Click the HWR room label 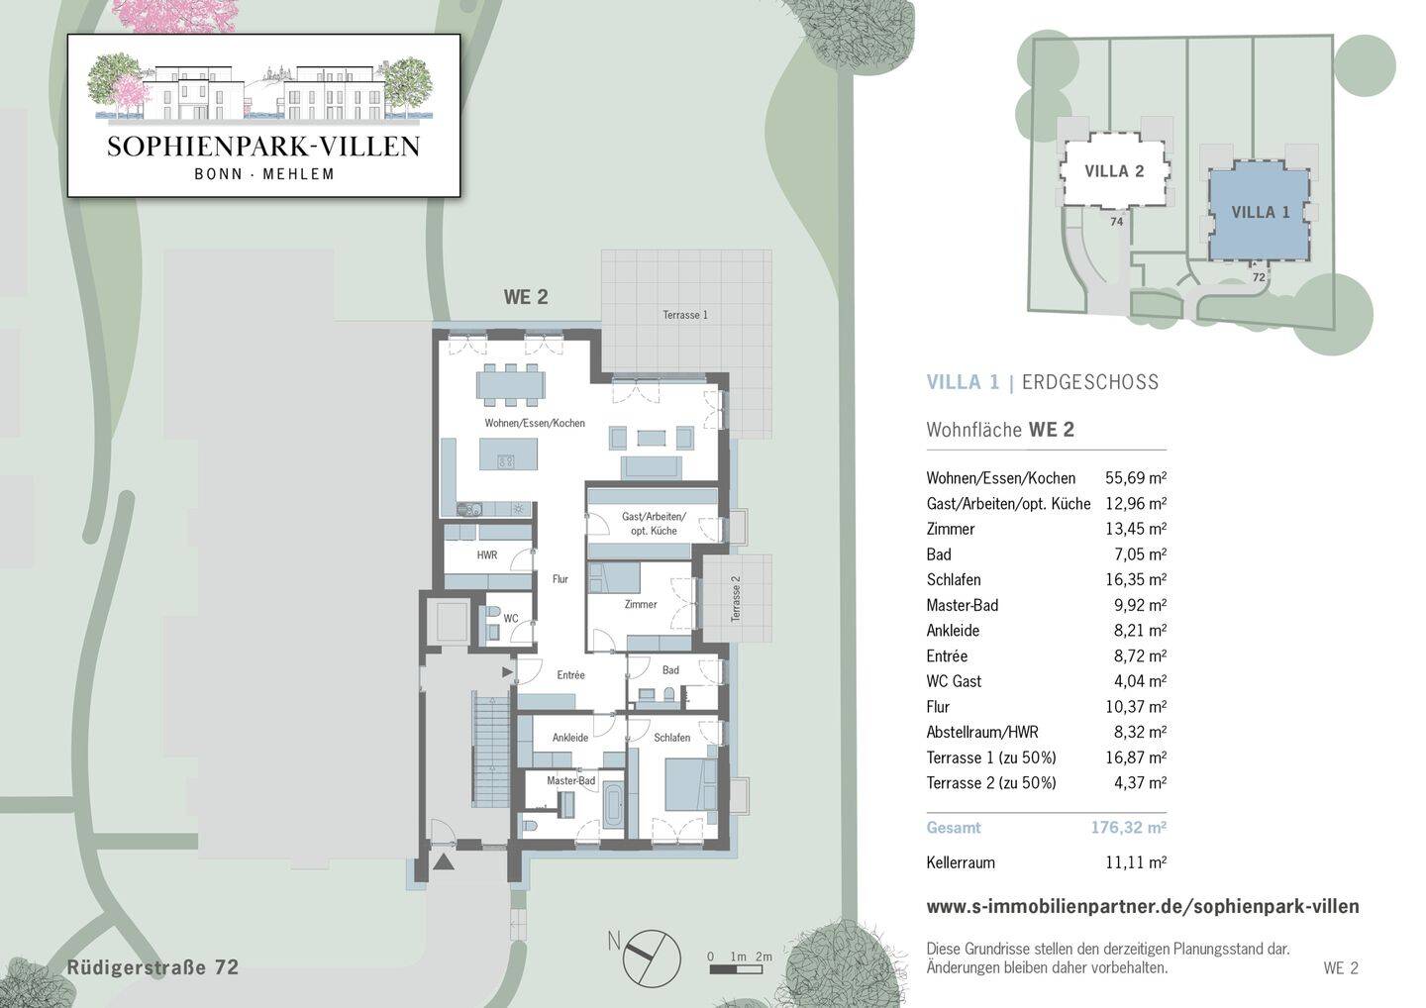[x=487, y=554]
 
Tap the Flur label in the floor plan [x=560, y=579]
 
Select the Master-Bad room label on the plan [x=571, y=781]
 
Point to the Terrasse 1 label [x=685, y=315]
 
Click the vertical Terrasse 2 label [x=736, y=599]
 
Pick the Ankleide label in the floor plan [x=570, y=738]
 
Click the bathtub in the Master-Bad [x=614, y=805]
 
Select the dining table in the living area [x=511, y=384]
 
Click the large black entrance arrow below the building [x=444, y=862]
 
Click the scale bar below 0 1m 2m [x=736, y=969]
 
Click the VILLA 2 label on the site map [x=1114, y=171]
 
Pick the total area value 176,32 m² [x=1129, y=827]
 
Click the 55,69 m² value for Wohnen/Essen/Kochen [x=1136, y=478]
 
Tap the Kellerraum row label [x=961, y=862]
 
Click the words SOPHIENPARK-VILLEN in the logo [x=263, y=147]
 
